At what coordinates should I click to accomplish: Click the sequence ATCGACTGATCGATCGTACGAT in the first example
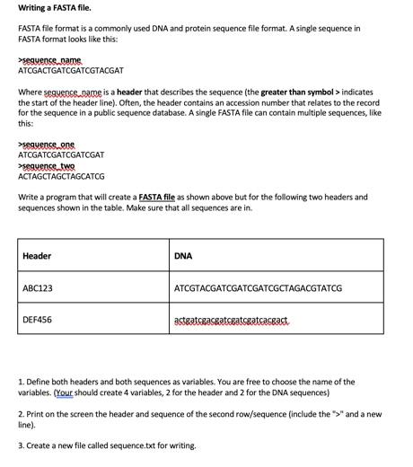(71, 69)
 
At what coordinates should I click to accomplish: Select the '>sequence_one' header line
(47, 144)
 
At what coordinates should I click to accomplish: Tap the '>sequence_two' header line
(47, 166)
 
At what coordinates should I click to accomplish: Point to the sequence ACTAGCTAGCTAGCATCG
(61, 176)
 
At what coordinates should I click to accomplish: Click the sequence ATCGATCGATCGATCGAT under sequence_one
(61, 154)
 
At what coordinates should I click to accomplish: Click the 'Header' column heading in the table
(37, 256)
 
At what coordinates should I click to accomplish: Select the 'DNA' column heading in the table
(183, 256)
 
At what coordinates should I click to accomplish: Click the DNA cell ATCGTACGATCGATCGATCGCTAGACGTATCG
(258, 288)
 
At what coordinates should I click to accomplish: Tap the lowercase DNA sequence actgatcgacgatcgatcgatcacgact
(231, 320)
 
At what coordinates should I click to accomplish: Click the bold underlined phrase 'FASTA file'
(157, 197)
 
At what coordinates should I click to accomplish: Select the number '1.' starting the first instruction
(22, 382)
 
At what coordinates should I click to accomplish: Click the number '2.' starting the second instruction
(22, 414)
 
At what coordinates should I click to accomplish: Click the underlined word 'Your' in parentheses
(66, 392)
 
